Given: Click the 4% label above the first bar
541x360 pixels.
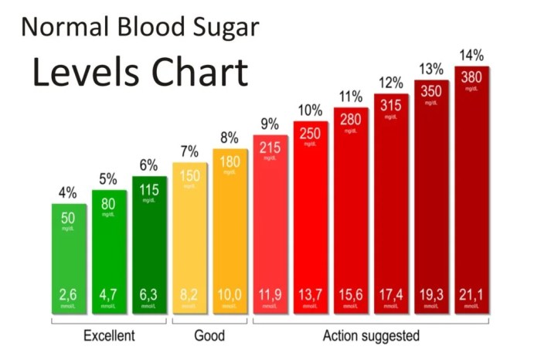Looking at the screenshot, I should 68,193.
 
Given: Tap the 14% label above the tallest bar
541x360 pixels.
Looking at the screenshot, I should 472,55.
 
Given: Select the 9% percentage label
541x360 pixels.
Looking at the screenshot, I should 270,124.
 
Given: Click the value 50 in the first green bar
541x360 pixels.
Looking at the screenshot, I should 68,216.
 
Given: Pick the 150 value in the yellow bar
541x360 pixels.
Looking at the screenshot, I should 190,176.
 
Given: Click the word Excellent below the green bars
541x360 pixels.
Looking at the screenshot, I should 109,335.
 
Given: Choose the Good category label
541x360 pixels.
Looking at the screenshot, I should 209,335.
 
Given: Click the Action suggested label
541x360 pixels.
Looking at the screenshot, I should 373,335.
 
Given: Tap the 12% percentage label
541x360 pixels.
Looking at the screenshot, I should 391,83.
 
